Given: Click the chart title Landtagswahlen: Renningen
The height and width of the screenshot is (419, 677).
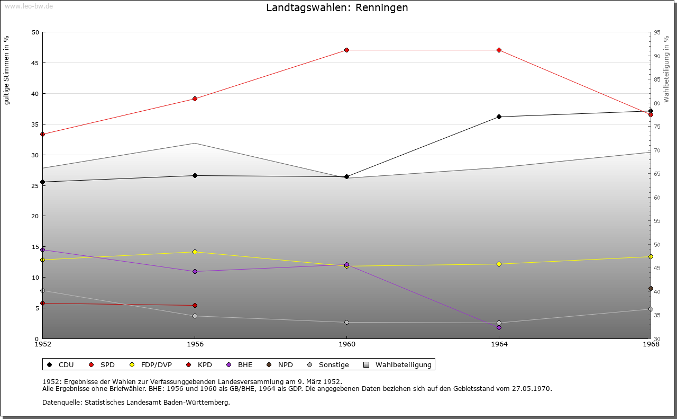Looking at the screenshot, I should (337, 8).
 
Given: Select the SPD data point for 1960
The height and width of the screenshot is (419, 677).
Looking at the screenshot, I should (347, 50).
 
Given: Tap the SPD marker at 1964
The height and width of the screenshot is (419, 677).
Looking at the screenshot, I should (499, 50).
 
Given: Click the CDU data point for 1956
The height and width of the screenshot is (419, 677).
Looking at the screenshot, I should (195, 176).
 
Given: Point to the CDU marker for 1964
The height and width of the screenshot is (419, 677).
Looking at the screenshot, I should (499, 117).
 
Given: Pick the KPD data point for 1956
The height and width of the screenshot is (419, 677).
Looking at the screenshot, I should (195, 306).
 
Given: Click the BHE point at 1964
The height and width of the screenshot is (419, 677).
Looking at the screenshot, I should (499, 328).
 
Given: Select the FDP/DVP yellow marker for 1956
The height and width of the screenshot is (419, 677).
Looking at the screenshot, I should (195, 252).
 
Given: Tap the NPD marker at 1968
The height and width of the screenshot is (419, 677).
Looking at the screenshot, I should (651, 289).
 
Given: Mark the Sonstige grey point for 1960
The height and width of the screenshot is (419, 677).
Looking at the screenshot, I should (347, 323).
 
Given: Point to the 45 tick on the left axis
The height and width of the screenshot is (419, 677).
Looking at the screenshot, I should (35, 63).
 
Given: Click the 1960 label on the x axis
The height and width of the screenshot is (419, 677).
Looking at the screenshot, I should (347, 344).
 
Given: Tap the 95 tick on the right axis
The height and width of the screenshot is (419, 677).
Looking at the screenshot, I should (657, 32).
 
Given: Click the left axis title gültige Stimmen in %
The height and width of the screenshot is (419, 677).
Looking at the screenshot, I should (7, 70).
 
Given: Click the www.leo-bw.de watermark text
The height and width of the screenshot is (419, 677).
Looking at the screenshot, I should (29, 6).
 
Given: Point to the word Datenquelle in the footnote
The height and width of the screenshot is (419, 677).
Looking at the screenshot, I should (59, 403).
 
